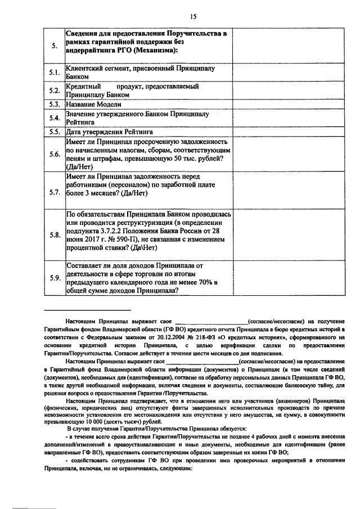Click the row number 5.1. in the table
tap(54, 73)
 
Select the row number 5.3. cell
tap(54, 104)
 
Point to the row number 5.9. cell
tap(54, 277)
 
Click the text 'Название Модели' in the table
tap(93, 104)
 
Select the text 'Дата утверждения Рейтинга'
tap(109, 132)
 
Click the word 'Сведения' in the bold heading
tap(84, 34)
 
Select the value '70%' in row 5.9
tap(199, 282)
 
